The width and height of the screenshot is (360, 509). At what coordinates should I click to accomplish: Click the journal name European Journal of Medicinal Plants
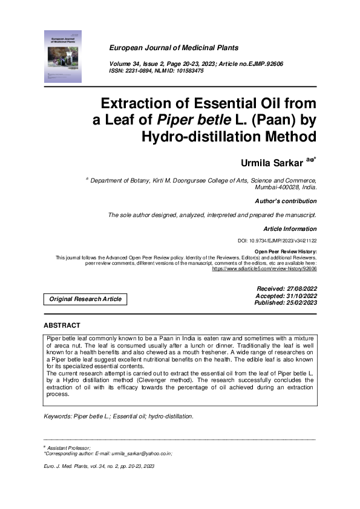tap(174, 48)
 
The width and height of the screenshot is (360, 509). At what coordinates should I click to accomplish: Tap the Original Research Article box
tap(85, 299)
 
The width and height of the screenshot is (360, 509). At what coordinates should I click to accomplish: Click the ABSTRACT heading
tap(62, 326)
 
